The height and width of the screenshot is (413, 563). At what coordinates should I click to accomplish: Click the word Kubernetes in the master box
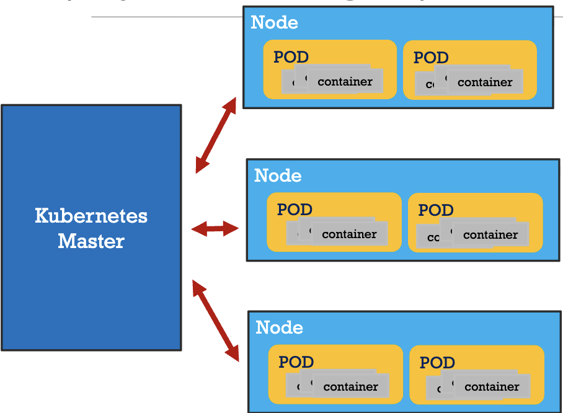point(91,216)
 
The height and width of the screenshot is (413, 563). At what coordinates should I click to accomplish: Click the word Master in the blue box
point(91,241)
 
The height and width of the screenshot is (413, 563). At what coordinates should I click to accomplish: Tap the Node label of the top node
point(274,23)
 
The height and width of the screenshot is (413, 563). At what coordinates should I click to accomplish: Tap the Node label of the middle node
point(278,175)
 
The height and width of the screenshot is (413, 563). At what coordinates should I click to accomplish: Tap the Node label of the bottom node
point(279,327)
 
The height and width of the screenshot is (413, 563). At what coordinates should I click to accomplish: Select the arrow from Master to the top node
point(216,135)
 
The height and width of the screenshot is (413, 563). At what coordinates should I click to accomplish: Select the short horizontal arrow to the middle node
point(215,229)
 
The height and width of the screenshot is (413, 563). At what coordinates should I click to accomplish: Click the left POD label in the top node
point(291,58)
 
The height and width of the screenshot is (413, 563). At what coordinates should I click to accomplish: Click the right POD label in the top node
point(431,58)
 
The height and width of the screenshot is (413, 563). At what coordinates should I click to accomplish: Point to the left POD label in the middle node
point(295,210)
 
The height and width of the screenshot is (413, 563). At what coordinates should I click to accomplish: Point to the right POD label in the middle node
point(436,210)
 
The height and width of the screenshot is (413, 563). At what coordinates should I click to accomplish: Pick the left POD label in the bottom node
point(296,362)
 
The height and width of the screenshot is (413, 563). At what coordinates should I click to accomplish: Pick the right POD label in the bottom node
point(437,363)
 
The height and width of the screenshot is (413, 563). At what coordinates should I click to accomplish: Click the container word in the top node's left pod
point(345,82)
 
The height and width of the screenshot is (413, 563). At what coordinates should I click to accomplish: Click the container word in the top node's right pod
point(485,82)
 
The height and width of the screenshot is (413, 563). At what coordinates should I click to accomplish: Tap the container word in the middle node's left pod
point(349,234)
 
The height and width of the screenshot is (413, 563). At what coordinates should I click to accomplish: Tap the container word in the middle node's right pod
point(490,235)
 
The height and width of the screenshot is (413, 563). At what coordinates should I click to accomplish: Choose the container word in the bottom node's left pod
point(350,387)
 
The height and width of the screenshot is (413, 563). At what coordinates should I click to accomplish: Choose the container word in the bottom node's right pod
point(492,387)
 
